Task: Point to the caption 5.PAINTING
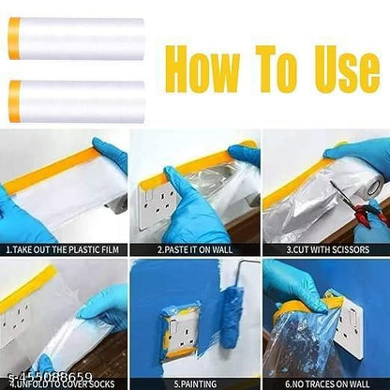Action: tap(193, 382)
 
